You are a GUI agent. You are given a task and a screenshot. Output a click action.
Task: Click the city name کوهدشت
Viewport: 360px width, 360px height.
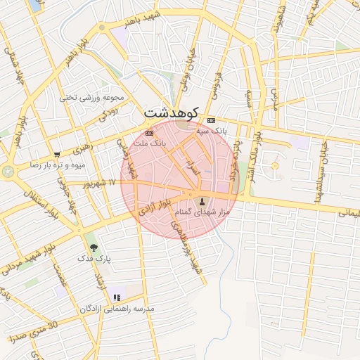[172, 112]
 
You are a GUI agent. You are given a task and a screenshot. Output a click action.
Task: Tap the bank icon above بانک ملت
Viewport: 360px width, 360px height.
[148, 132]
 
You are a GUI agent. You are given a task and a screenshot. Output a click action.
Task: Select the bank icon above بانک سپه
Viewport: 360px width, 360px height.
[211, 120]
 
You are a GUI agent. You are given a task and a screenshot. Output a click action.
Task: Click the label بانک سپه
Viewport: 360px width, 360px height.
[211, 131]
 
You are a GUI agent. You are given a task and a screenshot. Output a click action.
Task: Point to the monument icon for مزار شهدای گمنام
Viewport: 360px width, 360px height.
[193, 202]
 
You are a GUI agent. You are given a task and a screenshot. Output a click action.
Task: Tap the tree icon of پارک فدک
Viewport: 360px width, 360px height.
[93, 247]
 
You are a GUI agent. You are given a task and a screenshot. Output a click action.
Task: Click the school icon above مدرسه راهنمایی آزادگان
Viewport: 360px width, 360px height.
[117, 298]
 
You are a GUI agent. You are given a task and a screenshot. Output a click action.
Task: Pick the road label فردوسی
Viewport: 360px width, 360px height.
[217, 84]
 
